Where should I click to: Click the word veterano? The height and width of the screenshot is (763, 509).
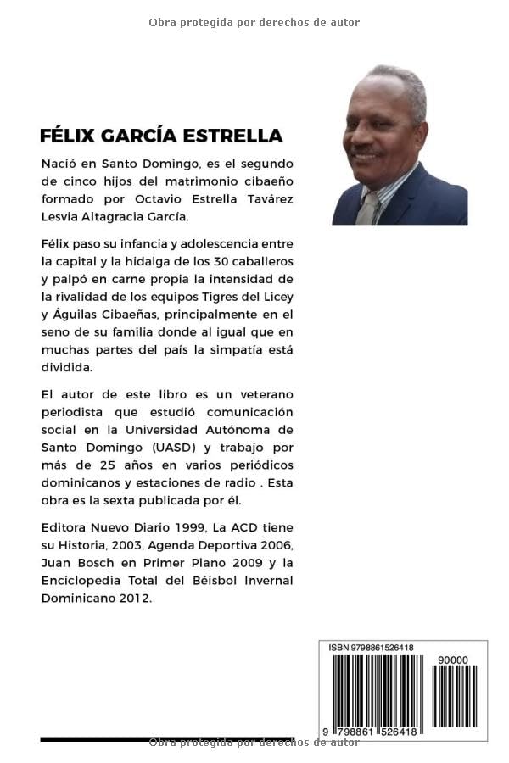tap(264, 394)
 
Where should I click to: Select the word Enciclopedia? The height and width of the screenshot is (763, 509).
tap(83, 580)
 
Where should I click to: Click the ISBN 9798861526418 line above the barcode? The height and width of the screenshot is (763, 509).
tap(371, 648)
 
